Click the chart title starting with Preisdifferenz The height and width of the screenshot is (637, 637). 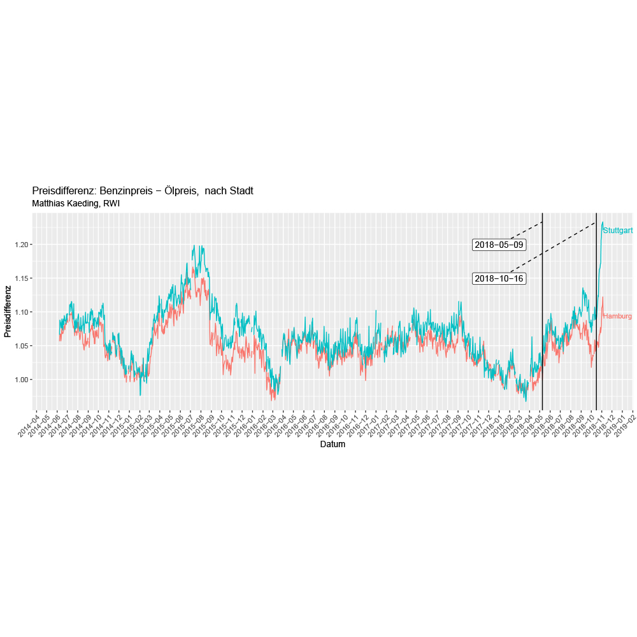click(143, 191)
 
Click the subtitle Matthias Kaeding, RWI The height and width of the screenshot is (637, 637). click(76, 204)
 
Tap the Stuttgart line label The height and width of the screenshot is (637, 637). click(617, 231)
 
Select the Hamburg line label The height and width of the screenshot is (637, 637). click(617, 316)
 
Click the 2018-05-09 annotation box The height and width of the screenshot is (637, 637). click(499, 245)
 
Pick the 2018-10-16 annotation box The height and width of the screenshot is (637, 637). click(499, 278)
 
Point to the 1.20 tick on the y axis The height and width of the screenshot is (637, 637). click(23, 245)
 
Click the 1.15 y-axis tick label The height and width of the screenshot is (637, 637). click(23, 278)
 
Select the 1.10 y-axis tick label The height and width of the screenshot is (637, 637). click(23, 312)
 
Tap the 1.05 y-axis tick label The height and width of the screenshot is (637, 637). click(23, 346)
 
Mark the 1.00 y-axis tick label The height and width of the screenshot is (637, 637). click(23, 380)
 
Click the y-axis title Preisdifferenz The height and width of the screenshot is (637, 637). click(8, 311)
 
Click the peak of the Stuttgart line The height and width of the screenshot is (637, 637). click(603, 222)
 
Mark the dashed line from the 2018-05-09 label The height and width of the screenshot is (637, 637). click(526, 230)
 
